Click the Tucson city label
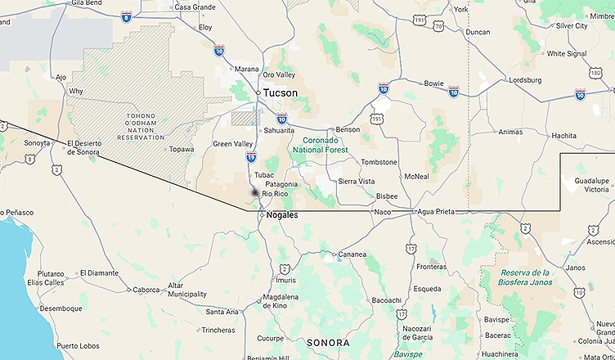coord(281,92)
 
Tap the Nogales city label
coord(282,215)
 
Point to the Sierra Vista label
coord(357,181)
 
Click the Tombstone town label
coord(379,162)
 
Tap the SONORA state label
coord(327,343)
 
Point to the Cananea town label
coord(352,254)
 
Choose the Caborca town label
coord(146,290)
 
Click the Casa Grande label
coord(194,7)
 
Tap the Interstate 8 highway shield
coord(125,16)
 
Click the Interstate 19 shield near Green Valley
coord(250,157)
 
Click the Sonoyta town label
coord(36,142)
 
